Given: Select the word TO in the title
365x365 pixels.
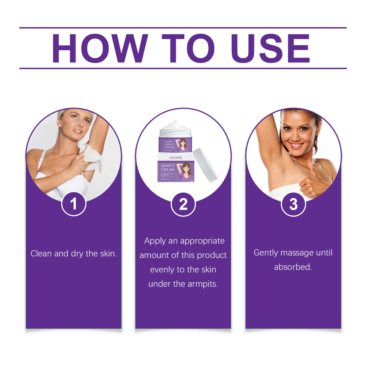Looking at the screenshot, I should [x=188, y=49].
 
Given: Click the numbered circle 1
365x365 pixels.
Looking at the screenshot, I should [x=74, y=204].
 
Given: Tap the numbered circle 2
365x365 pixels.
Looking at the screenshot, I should [x=183, y=204].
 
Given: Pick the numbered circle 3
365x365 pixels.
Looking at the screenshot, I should [x=293, y=204].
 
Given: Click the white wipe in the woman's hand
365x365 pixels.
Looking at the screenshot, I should [x=91, y=155].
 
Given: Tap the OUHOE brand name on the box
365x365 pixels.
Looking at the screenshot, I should [x=176, y=158].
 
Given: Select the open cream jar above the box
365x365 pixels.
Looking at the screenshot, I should [x=175, y=137].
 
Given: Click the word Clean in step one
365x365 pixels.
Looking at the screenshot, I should [x=41, y=254].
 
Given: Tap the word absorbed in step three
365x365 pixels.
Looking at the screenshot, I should [x=293, y=267].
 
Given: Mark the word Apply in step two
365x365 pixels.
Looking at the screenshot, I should [x=155, y=241].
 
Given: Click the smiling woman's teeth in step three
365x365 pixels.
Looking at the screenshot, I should [x=296, y=146].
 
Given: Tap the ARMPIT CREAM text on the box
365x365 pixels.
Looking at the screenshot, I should [x=167, y=168].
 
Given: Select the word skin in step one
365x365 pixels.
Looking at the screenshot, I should [x=108, y=254].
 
